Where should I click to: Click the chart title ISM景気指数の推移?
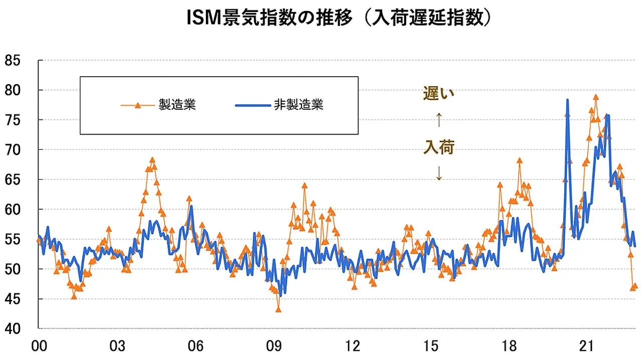click(x=269, y=18)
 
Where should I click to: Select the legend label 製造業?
click(x=177, y=105)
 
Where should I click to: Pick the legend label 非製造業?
click(x=299, y=105)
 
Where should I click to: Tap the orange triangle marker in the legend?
click(x=138, y=105)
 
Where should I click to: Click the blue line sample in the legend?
click(x=253, y=105)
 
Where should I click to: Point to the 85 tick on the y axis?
click(x=13, y=61)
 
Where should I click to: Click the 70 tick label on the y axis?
click(x=13, y=150)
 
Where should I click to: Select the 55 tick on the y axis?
click(x=13, y=239)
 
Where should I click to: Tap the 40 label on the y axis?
click(x=13, y=329)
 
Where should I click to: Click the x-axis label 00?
click(x=39, y=346)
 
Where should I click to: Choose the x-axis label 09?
click(x=274, y=346)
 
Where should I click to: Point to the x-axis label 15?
click(x=431, y=346)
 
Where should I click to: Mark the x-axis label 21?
click(x=586, y=346)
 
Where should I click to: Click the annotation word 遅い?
click(x=439, y=93)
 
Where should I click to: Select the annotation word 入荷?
click(x=439, y=147)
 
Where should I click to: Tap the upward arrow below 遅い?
click(x=439, y=120)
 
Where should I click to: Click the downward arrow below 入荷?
click(x=439, y=173)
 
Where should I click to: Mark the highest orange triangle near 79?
click(x=596, y=97)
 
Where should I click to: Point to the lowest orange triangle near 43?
click(x=278, y=309)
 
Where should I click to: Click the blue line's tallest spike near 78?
click(x=567, y=100)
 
